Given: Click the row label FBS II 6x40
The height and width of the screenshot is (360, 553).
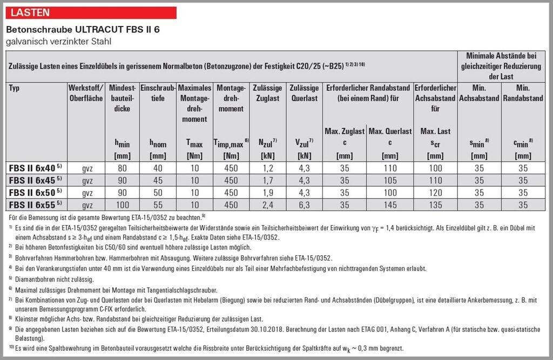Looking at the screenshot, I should click(32, 168).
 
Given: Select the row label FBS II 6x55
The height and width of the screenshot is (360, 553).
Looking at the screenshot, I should click(32, 205).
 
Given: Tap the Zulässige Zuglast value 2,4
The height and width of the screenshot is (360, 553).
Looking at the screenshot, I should click(267, 205).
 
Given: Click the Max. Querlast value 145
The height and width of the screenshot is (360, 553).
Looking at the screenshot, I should click(389, 205).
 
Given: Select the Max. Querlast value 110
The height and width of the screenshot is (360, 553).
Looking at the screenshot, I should click(389, 168).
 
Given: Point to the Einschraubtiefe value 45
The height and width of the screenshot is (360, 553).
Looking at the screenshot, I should click(158, 181).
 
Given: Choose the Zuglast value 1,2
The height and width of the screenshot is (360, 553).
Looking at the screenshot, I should click(267, 168).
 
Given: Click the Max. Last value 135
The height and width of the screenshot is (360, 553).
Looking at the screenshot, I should click(435, 205).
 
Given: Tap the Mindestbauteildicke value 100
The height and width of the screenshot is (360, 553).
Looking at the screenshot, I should click(122, 205).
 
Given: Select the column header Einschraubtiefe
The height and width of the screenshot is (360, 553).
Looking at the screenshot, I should click(158, 93).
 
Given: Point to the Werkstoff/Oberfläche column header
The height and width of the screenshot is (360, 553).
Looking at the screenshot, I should click(85, 93).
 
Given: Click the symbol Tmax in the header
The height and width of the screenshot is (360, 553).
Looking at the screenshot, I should click(194, 144).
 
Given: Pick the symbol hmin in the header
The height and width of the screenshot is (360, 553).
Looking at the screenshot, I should click(122, 144).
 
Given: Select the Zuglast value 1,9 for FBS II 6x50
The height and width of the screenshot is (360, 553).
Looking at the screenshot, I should click(267, 193).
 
